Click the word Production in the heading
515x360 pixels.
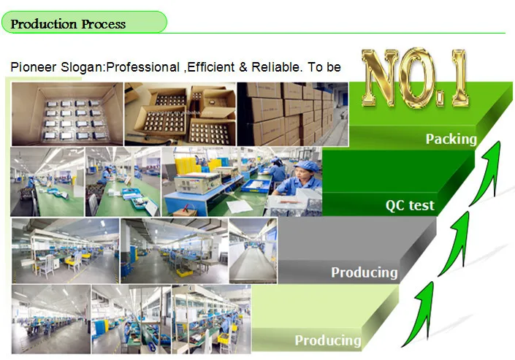(44, 24)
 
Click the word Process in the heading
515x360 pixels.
(104, 24)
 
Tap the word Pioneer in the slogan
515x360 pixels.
(34, 67)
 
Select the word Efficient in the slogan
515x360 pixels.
(211, 67)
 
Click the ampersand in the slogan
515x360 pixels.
(243, 67)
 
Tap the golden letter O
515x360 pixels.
(417, 78)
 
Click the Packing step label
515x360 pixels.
(451, 139)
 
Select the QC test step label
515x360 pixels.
(410, 206)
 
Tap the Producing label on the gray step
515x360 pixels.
(365, 272)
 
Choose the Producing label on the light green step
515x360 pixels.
(328, 340)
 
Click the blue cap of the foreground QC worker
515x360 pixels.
(306, 166)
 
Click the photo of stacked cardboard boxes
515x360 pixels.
(292, 114)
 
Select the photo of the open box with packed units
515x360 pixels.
(67, 114)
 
